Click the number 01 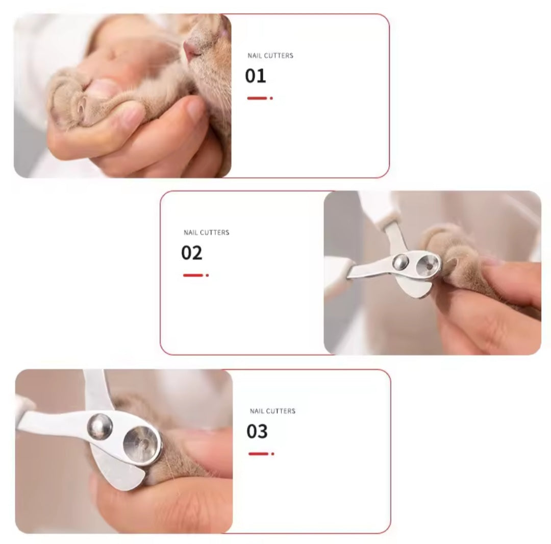coord(256,76)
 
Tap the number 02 coord(192,253)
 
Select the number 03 coord(257,432)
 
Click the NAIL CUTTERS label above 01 coord(270,56)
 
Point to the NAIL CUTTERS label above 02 coord(207,233)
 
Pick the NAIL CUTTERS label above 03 coord(272,411)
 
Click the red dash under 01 coord(258,98)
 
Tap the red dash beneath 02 coord(193,275)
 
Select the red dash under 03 coord(259,454)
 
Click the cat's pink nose coord(191,48)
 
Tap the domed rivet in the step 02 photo coord(400,262)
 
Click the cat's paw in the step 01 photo coord(77,100)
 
